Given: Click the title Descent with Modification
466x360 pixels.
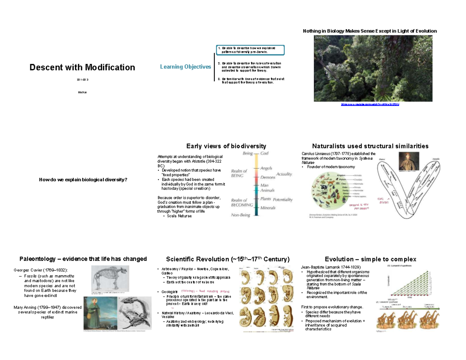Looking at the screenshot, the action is pyautogui.click(x=82, y=68).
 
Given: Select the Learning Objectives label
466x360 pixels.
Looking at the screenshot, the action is pyautogui.click(x=185, y=67).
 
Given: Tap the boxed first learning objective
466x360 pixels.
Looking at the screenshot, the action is pyautogui.click(x=250, y=50).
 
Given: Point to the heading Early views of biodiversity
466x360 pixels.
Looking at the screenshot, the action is pyautogui.click(x=226, y=146).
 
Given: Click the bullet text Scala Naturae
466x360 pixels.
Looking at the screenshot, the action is pyautogui.click(x=179, y=216).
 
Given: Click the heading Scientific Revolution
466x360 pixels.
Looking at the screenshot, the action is pyautogui.click(x=227, y=259).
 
